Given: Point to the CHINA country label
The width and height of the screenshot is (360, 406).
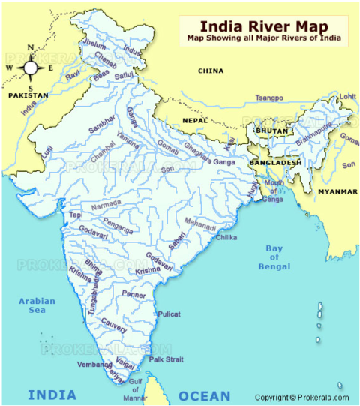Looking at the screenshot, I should tap(211, 71).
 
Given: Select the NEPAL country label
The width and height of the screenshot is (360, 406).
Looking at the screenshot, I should tap(194, 120).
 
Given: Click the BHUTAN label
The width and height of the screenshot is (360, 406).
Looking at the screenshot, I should tap(272, 131).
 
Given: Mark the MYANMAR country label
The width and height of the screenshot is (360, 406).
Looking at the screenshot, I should tap(337, 191).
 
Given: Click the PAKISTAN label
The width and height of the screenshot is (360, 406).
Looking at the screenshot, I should tap(28, 95).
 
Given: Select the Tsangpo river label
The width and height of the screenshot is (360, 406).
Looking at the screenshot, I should tap(269, 98).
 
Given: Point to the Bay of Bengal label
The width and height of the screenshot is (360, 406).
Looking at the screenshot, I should tap(274, 257).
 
